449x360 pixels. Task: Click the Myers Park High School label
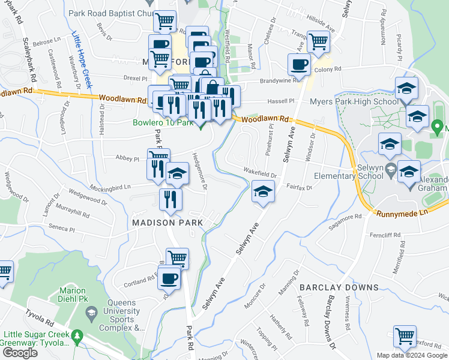click(x=354, y=101)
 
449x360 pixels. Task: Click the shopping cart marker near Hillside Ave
click(x=318, y=41)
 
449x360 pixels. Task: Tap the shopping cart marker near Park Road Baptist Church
click(x=164, y=22)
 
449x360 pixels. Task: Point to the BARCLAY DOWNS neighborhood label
click(x=339, y=287)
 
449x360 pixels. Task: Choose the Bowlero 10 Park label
click(x=162, y=124)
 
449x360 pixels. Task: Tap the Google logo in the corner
click(x=20, y=353)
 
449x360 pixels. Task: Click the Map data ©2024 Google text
click(x=411, y=355)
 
